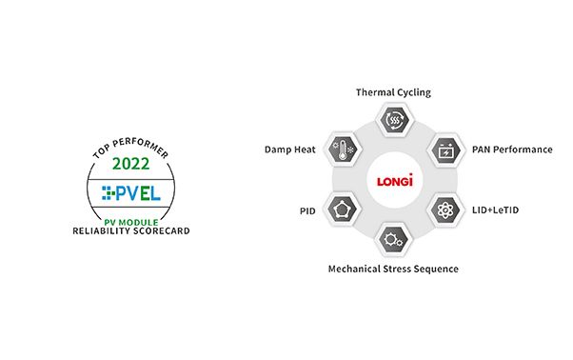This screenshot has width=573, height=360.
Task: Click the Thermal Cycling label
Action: (x=393, y=92)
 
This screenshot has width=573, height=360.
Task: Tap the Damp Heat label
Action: (x=289, y=150)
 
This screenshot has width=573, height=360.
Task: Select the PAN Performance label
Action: (x=512, y=150)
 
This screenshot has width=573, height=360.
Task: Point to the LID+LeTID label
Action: (x=495, y=210)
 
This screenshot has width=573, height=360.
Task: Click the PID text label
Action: (x=307, y=211)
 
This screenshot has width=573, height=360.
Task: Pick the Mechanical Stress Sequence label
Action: (x=393, y=269)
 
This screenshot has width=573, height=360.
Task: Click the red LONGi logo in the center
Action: (x=395, y=180)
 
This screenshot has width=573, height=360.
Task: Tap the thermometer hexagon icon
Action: (x=343, y=150)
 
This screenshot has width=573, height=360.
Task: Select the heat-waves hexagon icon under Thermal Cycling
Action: (x=394, y=119)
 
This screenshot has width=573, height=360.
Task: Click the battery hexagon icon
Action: (x=445, y=150)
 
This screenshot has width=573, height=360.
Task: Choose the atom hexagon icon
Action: (x=445, y=210)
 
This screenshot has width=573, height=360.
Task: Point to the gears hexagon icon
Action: (x=393, y=240)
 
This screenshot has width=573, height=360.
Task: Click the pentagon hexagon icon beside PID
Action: (x=342, y=210)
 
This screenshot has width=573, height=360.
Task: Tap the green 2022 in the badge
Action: (x=130, y=164)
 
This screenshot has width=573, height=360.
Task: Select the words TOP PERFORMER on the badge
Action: (x=130, y=148)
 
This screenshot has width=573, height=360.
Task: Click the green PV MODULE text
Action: (x=131, y=222)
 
